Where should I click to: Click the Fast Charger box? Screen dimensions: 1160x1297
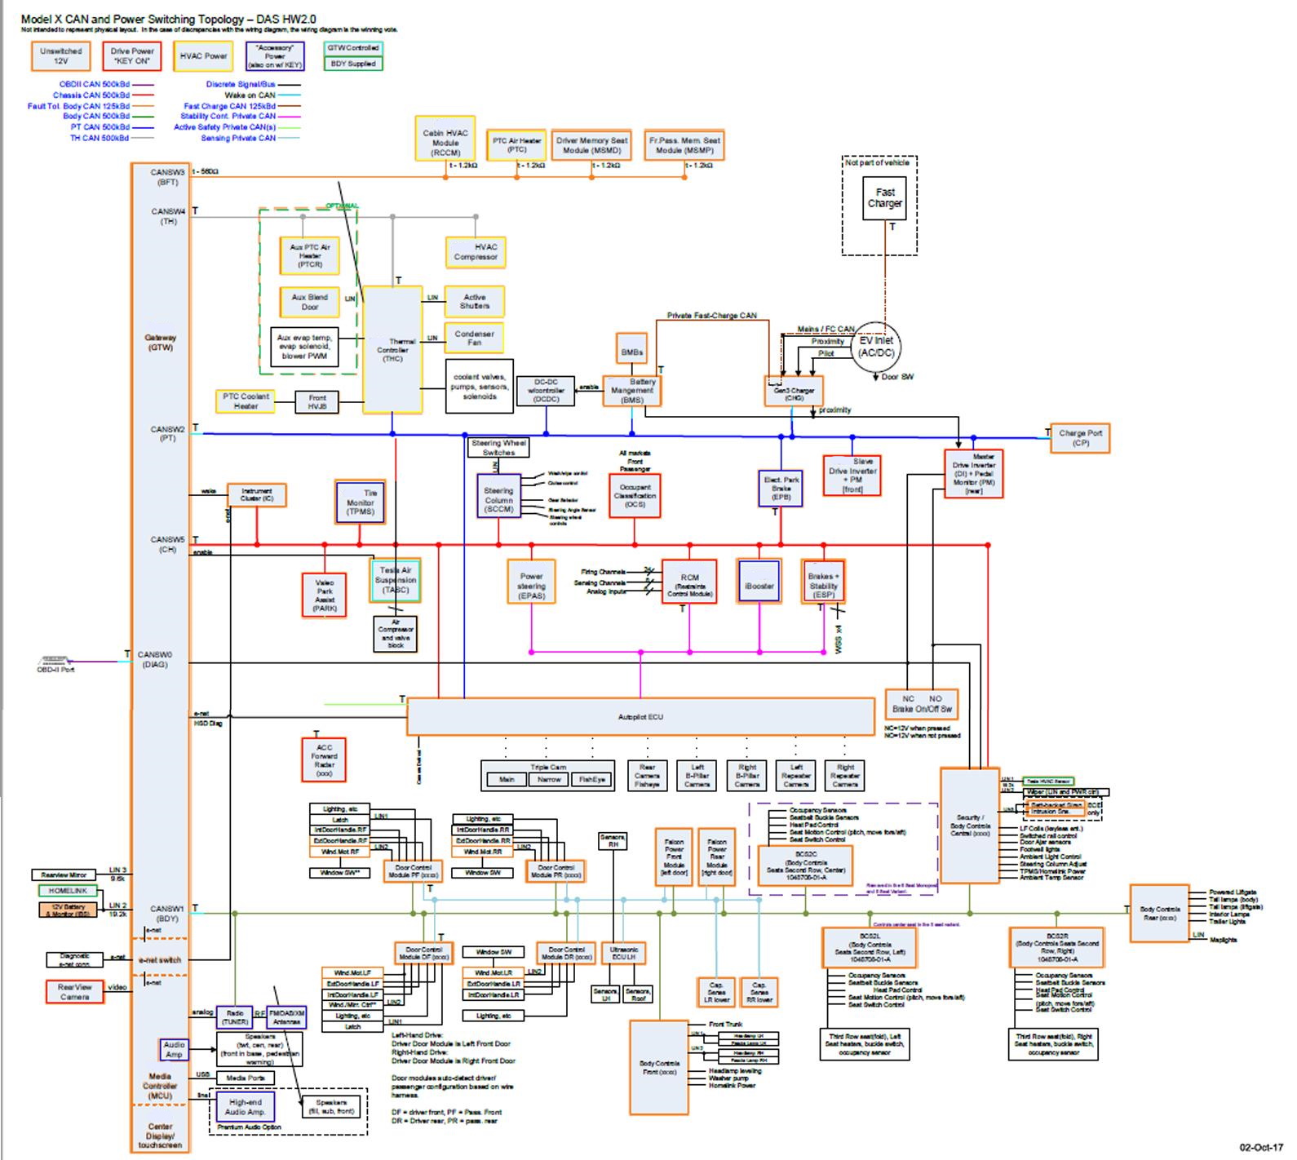(x=884, y=199)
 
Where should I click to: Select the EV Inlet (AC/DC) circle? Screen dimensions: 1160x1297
(x=876, y=347)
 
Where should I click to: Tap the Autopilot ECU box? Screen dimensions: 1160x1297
(x=640, y=717)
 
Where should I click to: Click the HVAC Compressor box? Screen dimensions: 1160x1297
(x=476, y=252)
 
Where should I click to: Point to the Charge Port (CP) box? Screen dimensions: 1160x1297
(x=1080, y=438)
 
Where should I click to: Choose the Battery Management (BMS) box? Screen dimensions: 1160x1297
(x=632, y=391)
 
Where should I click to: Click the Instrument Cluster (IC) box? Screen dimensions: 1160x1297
(x=257, y=495)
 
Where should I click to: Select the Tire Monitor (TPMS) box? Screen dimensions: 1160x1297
(x=360, y=502)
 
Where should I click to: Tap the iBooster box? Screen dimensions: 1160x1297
(x=759, y=582)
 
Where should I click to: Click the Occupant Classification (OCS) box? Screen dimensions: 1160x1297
(x=635, y=495)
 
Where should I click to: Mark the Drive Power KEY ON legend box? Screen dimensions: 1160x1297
(x=132, y=55)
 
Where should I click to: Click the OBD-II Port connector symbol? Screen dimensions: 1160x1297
(x=55, y=660)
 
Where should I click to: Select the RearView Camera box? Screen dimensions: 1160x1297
(x=74, y=991)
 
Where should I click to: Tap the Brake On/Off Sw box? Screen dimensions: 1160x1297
(x=922, y=704)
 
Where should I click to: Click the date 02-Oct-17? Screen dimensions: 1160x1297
(x=1261, y=1148)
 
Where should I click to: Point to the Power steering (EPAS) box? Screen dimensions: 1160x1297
(x=531, y=582)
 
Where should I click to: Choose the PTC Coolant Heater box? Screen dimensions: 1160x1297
(x=246, y=401)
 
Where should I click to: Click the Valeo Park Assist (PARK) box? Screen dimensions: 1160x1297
(x=324, y=595)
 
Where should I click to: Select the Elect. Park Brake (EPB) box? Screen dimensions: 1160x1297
(x=781, y=488)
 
